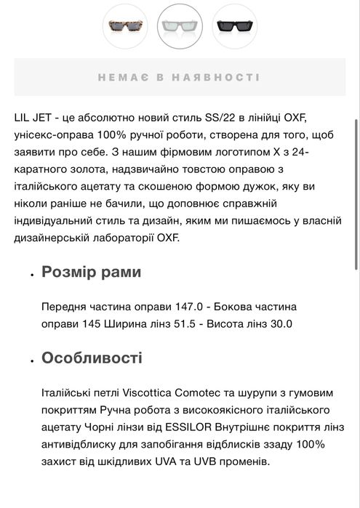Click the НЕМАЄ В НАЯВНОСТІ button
179,77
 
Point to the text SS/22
231,118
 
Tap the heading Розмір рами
91,273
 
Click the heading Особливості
92,358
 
